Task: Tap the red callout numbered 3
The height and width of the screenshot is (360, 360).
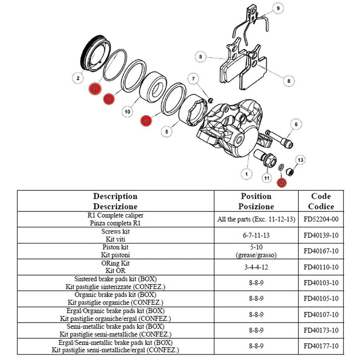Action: pyautogui.click(x=95, y=89)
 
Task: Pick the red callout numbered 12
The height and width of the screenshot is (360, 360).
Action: pyautogui.click(x=282, y=182)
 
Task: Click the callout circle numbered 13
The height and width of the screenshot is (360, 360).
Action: pyautogui.click(x=300, y=160)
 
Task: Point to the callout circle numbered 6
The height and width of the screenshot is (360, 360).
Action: pyautogui.click(x=296, y=124)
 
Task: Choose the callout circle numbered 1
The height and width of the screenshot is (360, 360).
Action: pyautogui.click(x=246, y=174)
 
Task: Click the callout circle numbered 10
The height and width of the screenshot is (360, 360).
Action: pyautogui.click(x=127, y=112)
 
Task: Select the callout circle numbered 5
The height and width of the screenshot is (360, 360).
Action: pyautogui.click(x=167, y=131)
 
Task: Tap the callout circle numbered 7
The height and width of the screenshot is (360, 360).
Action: pyautogui.click(x=193, y=79)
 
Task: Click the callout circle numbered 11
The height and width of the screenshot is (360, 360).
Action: pyautogui.click(x=267, y=179)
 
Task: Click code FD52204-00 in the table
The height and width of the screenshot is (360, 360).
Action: pyautogui.click(x=321, y=219)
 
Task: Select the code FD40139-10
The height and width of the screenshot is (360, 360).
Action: pyautogui.click(x=321, y=235)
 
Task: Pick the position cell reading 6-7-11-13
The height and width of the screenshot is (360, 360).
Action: pyautogui.click(x=256, y=235)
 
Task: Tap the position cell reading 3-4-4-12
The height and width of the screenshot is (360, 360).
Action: pyautogui.click(x=256, y=267)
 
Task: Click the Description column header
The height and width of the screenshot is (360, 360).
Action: pyautogui.click(x=115, y=201)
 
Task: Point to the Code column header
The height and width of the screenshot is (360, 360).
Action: pyautogui.click(x=321, y=201)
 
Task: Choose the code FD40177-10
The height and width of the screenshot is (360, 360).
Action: pyautogui.click(x=321, y=346)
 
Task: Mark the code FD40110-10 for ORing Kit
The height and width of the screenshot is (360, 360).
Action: pyautogui.click(x=321, y=267)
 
